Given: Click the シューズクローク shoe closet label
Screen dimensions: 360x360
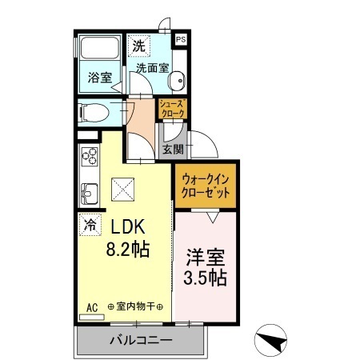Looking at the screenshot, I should (x=172, y=109).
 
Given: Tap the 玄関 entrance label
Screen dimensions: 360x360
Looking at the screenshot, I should (x=173, y=149).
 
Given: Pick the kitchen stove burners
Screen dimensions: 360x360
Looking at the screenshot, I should (x=88, y=157).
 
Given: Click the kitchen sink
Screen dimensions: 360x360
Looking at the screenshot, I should (x=88, y=193).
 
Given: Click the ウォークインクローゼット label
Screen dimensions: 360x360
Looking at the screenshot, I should (x=206, y=186).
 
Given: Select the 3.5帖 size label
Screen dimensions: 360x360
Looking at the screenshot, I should (x=206, y=279).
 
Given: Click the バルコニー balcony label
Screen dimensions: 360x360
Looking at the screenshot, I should (x=140, y=341).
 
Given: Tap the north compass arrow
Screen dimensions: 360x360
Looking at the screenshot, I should (x=274, y=342).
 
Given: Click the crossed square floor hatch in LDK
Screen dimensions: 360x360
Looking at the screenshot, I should (x=123, y=190).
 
